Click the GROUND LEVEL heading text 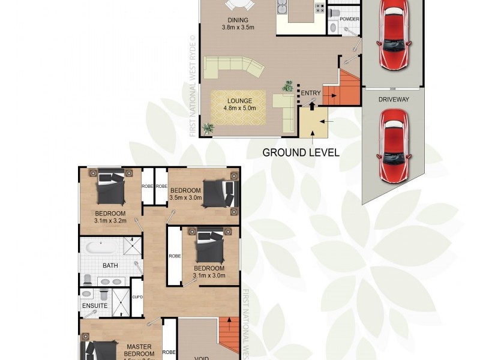pyautogui.click(x=301, y=152)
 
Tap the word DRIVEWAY pyautogui.click(x=394, y=99)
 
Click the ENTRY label pyautogui.click(x=311, y=93)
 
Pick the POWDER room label pyautogui.click(x=349, y=19)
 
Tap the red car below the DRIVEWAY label pyautogui.click(x=394, y=145)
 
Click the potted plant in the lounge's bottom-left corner pyautogui.click(x=209, y=127)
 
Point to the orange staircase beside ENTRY pyautogui.click(x=342, y=90)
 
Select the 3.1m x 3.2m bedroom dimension pyautogui.click(x=110, y=221)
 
